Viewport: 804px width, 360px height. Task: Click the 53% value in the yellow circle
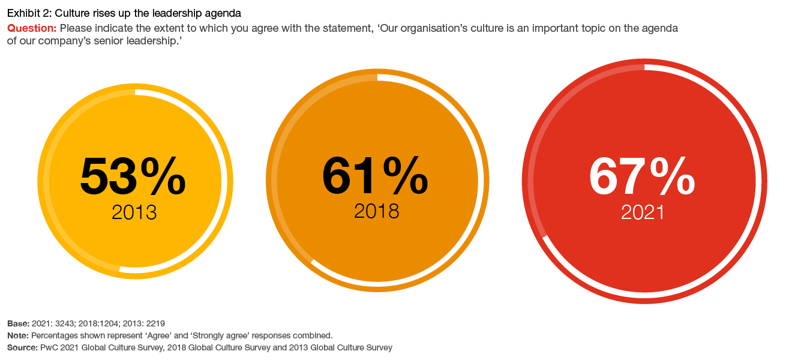[x=133, y=176]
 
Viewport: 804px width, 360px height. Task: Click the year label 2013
[x=134, y=212]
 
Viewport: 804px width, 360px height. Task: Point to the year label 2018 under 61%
[x=376, y=211]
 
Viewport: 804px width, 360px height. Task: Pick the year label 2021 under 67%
[x=643, y=213]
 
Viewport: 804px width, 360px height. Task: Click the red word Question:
[x=32, y=28]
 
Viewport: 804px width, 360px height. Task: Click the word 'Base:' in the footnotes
[x=17, y=323]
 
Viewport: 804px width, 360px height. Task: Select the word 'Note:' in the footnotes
[x=17, y=335]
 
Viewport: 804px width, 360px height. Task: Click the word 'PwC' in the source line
[x=49, y=347]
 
